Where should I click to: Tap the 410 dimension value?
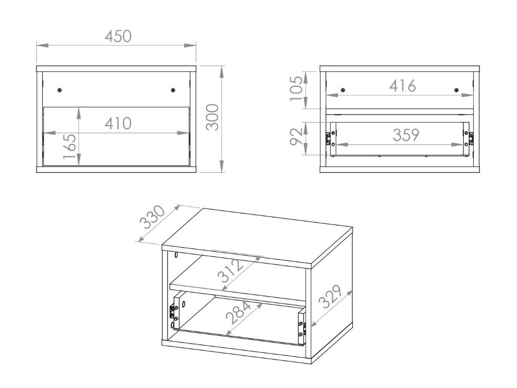(x=117, y=123)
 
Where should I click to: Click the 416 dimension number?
(x=402, y=86)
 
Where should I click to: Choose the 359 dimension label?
(x=406, y=135)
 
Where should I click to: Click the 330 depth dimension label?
(x=153, y=218)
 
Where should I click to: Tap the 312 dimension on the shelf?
(x=230, y=271)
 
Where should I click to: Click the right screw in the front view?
(x=173, y=90)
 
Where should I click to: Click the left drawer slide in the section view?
(x=329, y=138)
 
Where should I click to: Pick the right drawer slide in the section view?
(x=471, y=138)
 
